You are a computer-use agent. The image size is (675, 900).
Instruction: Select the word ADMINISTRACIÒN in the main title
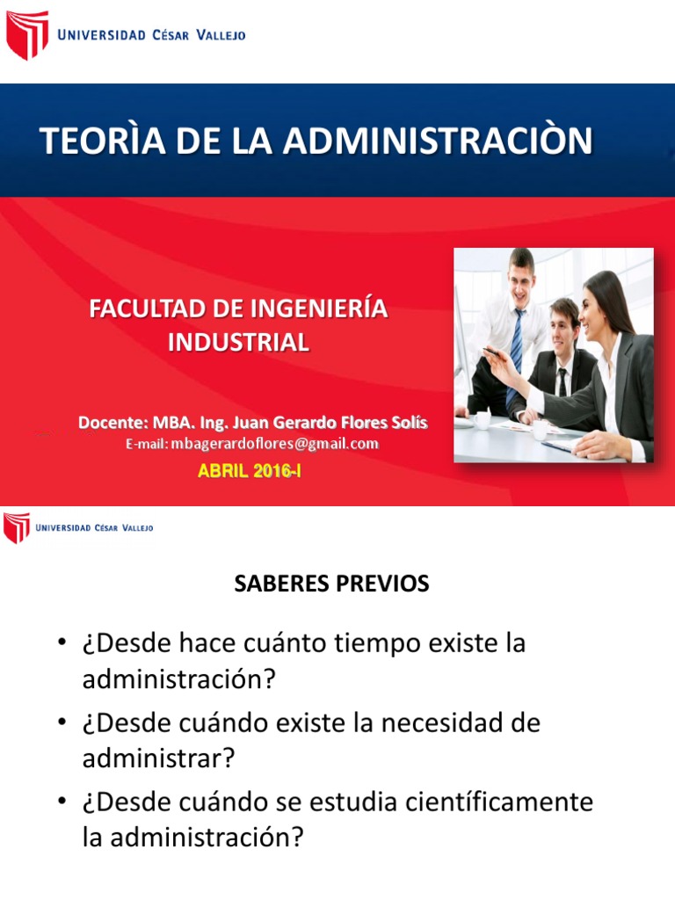point(438,140)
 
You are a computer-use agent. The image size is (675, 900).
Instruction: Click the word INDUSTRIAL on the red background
point(239,342)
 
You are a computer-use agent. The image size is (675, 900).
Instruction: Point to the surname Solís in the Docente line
point(410,423)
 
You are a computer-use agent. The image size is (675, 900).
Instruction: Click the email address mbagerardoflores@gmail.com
point(274,444)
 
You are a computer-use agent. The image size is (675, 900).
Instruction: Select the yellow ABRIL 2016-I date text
point(249,471)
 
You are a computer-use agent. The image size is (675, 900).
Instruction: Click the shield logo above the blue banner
point(27,34)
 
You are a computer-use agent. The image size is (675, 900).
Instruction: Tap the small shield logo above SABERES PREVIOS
point(17,527)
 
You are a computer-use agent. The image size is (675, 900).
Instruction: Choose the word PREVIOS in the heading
point(382,584)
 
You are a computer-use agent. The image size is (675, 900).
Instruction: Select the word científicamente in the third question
point(499,802)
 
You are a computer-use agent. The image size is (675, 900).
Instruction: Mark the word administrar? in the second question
point(159,758)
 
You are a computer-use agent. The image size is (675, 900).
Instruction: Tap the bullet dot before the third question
point(62,801)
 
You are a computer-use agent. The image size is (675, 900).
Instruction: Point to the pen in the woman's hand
point(494,352)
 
